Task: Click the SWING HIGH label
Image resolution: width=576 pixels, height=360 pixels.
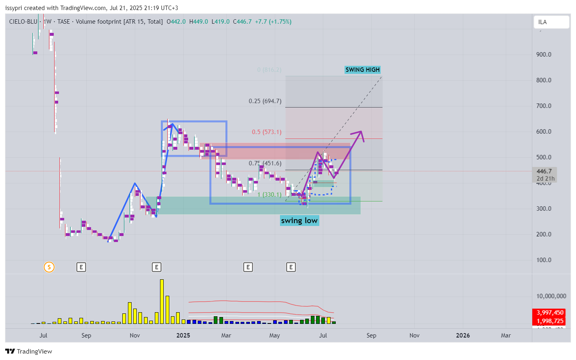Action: pos(362,70)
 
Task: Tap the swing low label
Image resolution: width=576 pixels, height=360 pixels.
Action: pos(299,220)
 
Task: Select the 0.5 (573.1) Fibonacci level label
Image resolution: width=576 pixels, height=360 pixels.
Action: pos(266,132)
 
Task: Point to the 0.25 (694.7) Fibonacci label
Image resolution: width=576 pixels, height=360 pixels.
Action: pos(265,101)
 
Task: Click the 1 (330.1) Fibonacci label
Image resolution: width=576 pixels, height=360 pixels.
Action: pos(269,195)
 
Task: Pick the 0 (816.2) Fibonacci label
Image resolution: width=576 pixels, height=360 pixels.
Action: pos(269,70)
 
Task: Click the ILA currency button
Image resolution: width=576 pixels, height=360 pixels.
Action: pos(551,22)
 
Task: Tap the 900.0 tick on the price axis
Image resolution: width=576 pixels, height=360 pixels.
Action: pos(544,55)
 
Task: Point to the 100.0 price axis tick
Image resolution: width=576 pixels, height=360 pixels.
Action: pos(544,260)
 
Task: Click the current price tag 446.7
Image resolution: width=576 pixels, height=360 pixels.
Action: pos(544,171)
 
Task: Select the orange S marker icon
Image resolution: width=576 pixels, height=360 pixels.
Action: pos(49,267)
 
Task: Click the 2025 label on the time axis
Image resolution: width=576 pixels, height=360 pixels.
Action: pos(183,336)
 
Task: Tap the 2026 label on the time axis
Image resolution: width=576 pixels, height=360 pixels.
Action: pos(462,336)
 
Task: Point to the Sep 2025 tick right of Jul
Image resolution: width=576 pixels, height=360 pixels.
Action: pos(371,336)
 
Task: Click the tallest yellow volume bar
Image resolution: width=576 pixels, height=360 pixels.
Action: pos(162,301)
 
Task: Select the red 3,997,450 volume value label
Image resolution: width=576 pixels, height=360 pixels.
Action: pos(550,313)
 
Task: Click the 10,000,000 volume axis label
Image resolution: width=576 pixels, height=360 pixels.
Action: pos(551,296)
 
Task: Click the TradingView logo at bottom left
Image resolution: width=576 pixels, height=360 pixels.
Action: pos(28,352)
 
